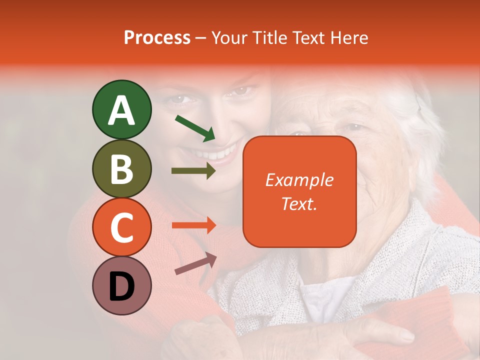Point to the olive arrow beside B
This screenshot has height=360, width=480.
pos(193,171)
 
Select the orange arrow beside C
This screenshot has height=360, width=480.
pos(193,225)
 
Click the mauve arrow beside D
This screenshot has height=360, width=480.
pos(195,263)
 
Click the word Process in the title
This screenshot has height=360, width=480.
pos(157,38)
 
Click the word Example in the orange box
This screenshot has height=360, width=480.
pos(299,180)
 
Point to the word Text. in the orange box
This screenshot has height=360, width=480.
pos(299,204)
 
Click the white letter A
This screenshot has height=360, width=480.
pos(121,110)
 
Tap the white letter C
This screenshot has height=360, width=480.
pos(121,228)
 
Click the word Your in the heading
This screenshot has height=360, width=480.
pos(229,38)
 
